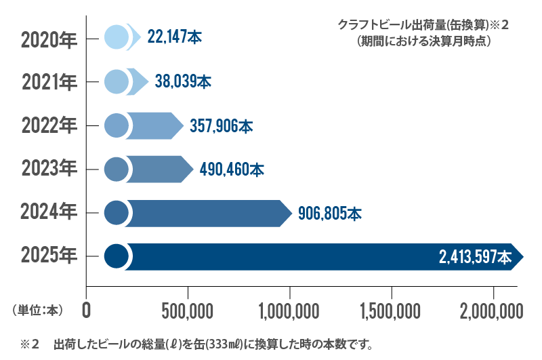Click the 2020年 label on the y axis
tap(49, 39)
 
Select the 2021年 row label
tap(49, 83)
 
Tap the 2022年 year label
tap(49, 126)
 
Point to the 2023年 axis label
tap(49, 169)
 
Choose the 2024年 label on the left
tap(49, 213)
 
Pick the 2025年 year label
tap(49, 256)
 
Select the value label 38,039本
tap(184, 82)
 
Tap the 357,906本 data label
tap(222, 126)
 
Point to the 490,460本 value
tap(232, 169)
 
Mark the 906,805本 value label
tap(330, 214)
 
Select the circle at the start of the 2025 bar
tap(117, 256)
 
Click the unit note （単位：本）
tap(37, 311)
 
